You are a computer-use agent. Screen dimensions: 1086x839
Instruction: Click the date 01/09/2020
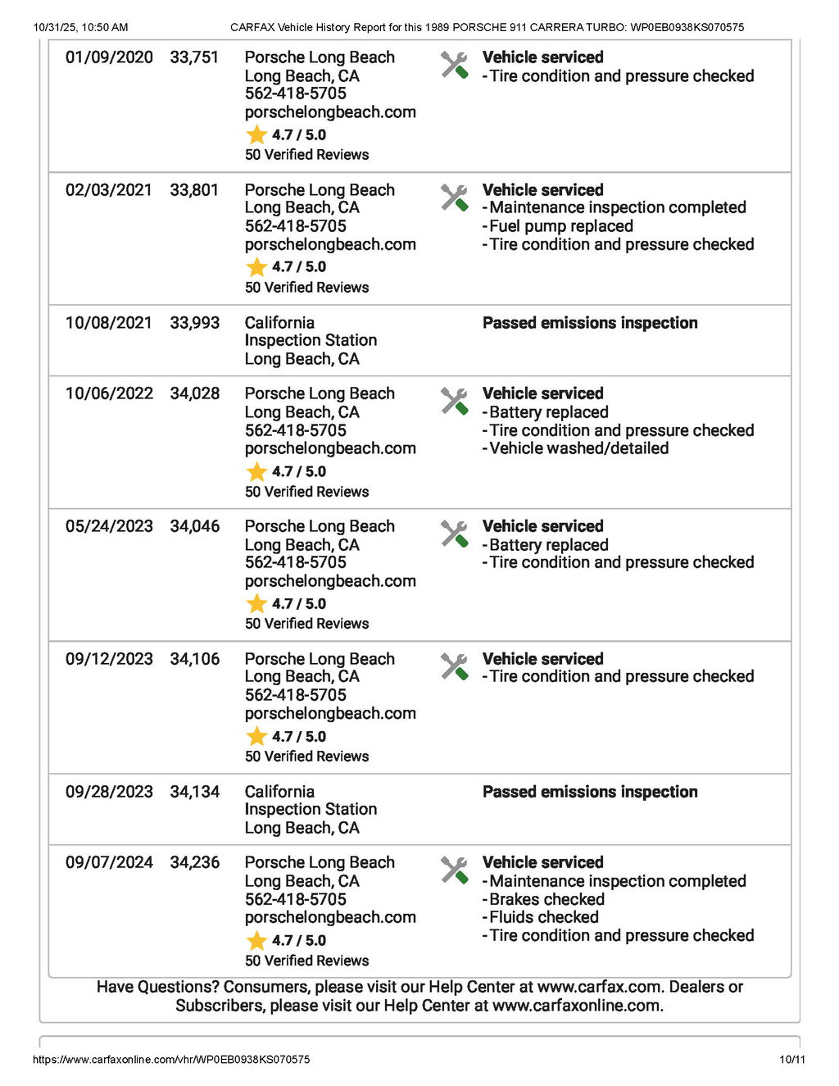pos(109,57)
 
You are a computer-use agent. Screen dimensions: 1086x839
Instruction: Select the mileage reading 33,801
pos(194,190)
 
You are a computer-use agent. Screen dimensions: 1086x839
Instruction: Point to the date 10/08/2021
pos(109,323)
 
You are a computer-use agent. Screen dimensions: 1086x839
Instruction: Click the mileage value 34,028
pos(194,393)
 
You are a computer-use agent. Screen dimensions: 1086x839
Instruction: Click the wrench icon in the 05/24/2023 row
pos(454,534)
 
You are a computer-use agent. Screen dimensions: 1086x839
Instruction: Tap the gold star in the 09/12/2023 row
pos(256,736)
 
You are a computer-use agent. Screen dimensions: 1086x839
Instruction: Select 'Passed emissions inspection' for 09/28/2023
pos(590,792)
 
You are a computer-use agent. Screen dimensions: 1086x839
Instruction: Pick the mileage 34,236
pos(194,862)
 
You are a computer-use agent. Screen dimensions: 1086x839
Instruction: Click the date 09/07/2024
pos(109,862)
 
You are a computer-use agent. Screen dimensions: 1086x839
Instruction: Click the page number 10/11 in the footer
pos(791,1060)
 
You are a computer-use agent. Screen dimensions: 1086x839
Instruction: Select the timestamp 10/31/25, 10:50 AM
pos(80,27)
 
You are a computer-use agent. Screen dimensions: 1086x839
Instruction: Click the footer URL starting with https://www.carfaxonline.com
pos(171,1060)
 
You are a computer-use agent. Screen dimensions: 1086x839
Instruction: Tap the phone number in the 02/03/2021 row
pos(295,226)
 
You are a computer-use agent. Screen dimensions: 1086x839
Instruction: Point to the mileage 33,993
pos(194,323)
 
